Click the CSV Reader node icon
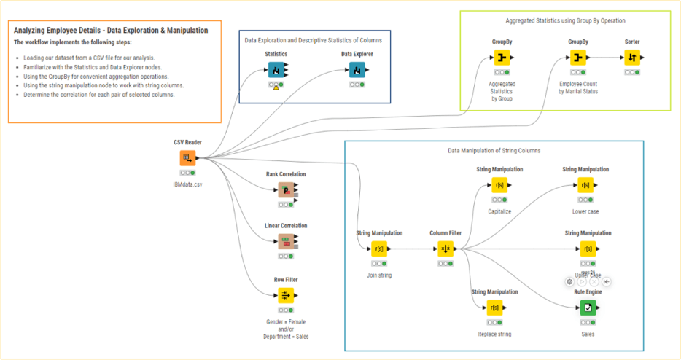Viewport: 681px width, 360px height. (x=187, y=158)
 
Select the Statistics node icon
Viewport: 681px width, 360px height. (x=276, y=69)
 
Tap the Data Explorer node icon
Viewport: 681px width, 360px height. (x=357, y=69)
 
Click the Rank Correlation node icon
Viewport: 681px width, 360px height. (x=286, y=190)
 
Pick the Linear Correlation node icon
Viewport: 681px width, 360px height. (x=286, y=241)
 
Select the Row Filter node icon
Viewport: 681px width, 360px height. (x=286, y=295)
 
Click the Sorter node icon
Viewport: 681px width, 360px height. (x=632, y=58)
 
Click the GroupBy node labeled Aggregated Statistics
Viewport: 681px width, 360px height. (x=502, y=58)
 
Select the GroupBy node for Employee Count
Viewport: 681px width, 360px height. (x=577, y=58)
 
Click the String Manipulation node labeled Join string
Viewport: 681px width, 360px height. (x=379, y=249)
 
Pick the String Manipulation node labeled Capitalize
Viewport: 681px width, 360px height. (x=499, y=185)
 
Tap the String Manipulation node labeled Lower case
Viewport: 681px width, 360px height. (x=585, y=185)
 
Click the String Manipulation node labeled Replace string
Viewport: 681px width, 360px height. (x=494, y=308)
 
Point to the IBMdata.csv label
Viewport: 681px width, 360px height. (x=187, y=185)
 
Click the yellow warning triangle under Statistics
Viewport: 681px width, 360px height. (x=276, y=87)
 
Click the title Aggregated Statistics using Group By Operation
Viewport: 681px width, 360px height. (x=565, y=20)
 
